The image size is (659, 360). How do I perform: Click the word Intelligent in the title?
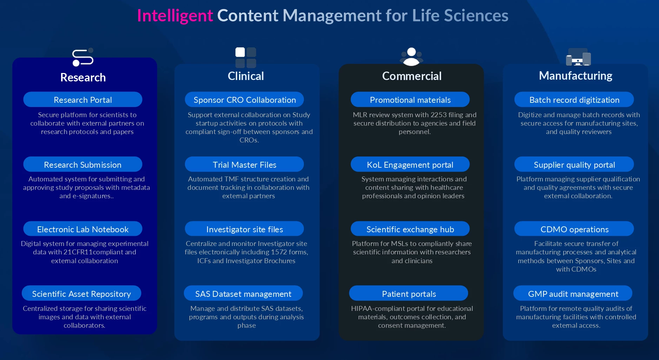pos(175,16)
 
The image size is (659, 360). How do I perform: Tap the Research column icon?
pos(83,57)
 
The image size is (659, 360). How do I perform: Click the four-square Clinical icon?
pos(246,58)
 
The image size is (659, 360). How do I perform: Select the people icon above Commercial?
pos(412,57)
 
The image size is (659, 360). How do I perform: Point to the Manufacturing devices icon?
pos(578,57)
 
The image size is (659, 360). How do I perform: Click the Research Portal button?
pos(83,100)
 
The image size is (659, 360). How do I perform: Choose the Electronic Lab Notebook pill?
pos(83,229)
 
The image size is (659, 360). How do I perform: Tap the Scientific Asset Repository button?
pos(81,293)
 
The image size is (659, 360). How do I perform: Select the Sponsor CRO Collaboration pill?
pos(245,100)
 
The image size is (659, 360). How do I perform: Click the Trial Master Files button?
pos(245,164)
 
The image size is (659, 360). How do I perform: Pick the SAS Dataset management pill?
pos(243,293)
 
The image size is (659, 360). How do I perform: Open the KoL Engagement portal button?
pos(410,164)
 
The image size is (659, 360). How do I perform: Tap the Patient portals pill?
pos(409,293)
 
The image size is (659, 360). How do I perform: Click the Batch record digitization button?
pos(574,100)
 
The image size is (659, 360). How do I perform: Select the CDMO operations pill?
pos(574,229)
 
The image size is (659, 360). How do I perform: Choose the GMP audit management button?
pos(573,293)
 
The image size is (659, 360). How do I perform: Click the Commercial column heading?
pos(412,76)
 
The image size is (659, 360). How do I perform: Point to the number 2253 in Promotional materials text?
pos(439,115)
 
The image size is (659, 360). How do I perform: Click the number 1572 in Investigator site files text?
pos(279,252)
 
